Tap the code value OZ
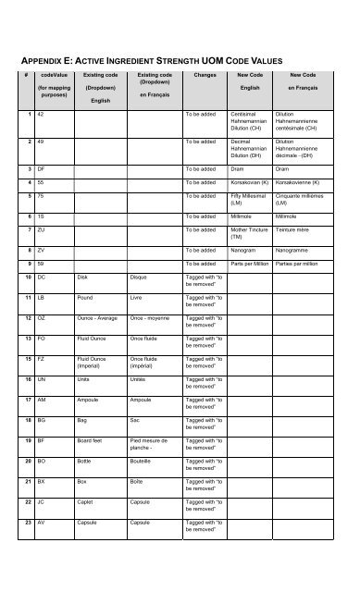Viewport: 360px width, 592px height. tap(42, 317)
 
